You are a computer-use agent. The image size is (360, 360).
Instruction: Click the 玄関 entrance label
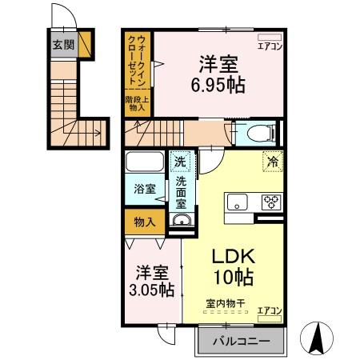point(64,44)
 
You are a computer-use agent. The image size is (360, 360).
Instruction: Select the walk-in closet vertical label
point(138,61)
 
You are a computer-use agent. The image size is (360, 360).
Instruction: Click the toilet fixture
point(258,132)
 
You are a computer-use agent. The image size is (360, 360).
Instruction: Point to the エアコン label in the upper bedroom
point(268,46)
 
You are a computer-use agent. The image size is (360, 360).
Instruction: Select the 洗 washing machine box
point(182,161)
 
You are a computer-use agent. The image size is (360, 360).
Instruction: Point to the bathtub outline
point(145,162)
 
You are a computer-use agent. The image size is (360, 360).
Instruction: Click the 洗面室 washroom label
point(182,193)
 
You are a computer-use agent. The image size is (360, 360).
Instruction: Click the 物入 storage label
point(145,222)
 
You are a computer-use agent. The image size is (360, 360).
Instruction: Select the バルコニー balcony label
point(241,342)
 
